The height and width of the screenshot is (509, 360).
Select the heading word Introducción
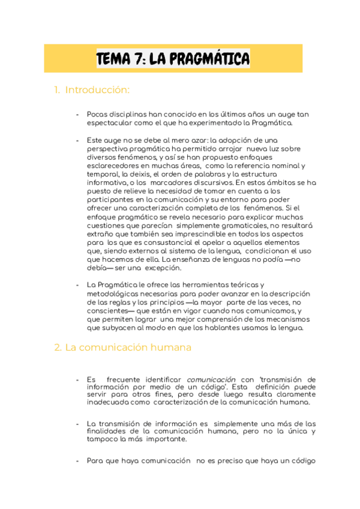(97, 90)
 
